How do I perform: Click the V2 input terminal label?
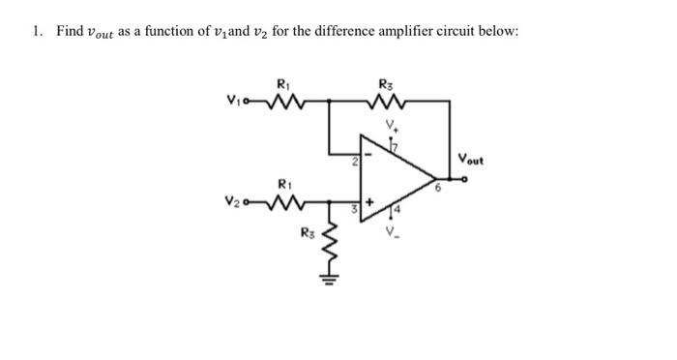232,203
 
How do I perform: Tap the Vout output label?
473,159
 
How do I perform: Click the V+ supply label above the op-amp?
392,124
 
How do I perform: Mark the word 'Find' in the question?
70,31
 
